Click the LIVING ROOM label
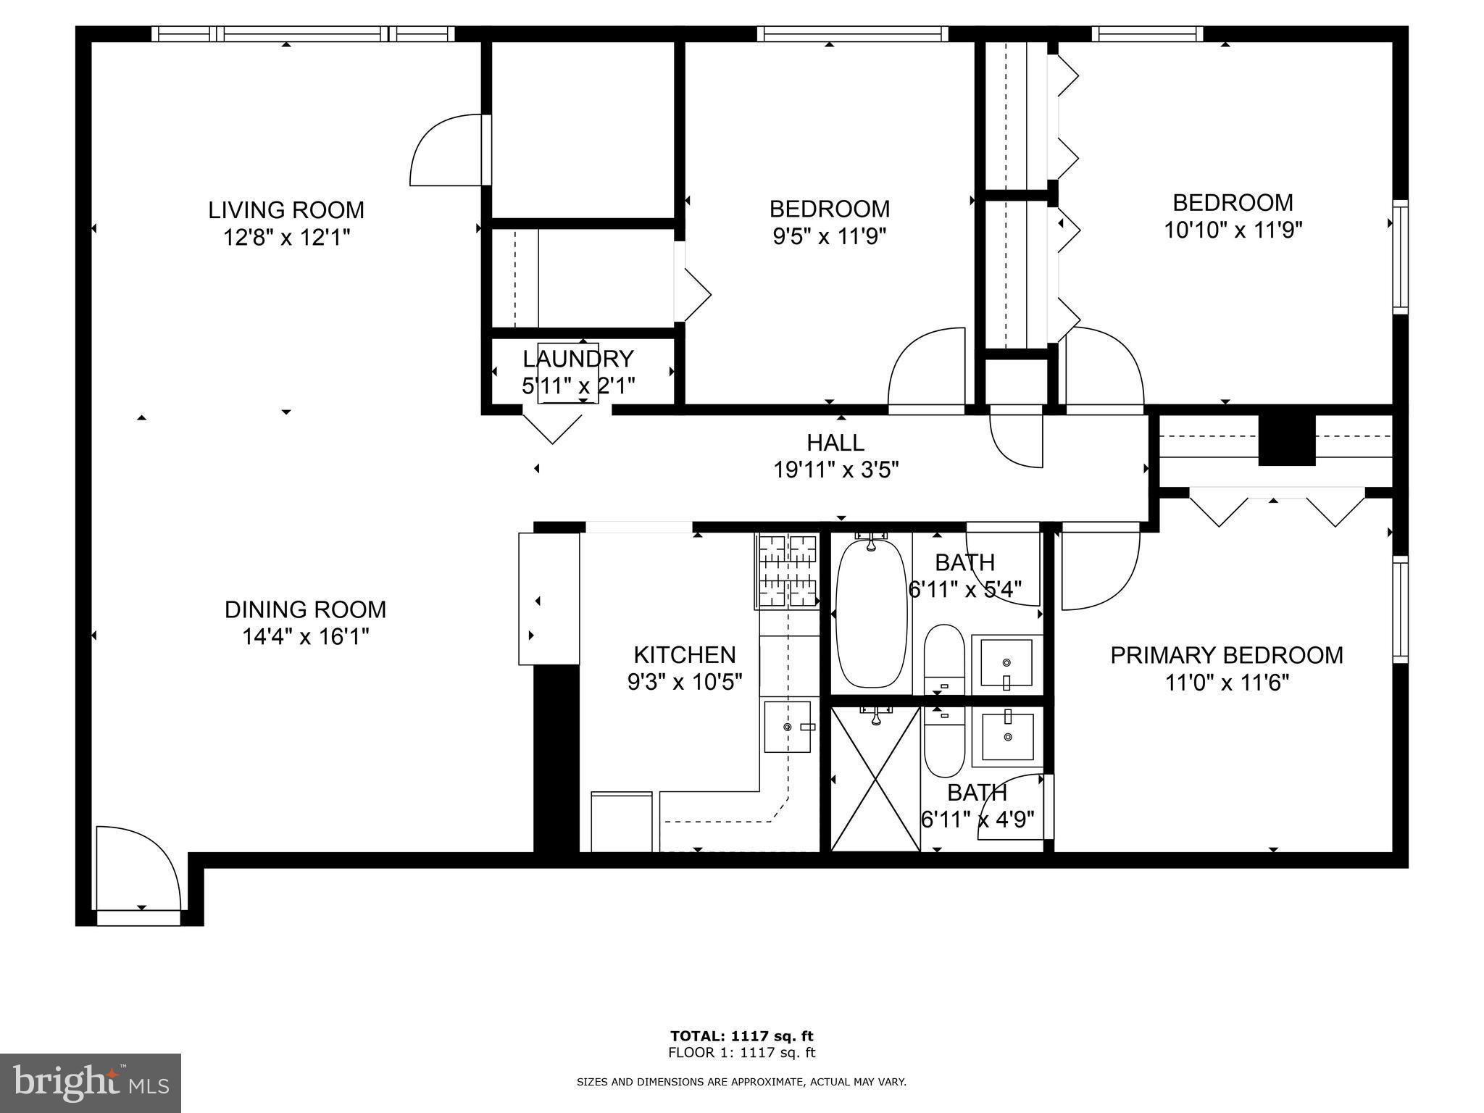286,210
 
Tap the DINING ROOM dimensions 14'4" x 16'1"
306,637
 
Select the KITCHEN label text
685,655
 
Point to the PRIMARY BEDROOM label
1227,655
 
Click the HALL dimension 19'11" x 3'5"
836,470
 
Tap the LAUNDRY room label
578,359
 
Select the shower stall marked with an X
875,778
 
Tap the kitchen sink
788,726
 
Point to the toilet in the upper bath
944,659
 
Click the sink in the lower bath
1007,737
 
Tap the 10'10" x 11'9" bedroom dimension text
1233,230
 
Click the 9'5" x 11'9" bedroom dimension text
830,236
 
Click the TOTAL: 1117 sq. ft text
742,1036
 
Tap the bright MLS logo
91,1083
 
